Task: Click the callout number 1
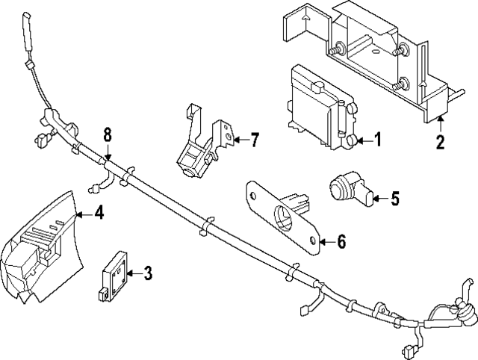pos(377,139)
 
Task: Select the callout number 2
pos(441,141)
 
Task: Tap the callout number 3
pos(148,273)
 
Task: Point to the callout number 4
pos(99,213)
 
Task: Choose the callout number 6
pos(341,241)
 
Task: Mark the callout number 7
pos(255,139)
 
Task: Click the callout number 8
pos(108,134)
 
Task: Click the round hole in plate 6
pos(285,217)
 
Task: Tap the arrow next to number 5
pos(377,198)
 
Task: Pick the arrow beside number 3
pos(132,273)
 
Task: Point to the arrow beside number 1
pos(361,139)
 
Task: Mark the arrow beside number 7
pos(239,139)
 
